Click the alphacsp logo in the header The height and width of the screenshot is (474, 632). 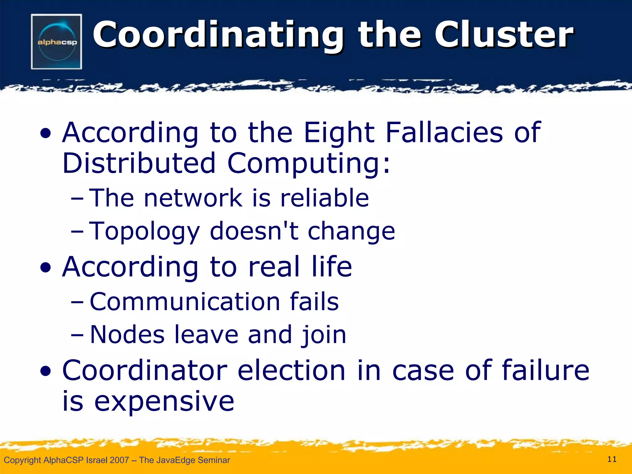pyautogui.click(x=56, y=42)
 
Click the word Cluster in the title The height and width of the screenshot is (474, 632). pyautogui.click(x=504, y=35)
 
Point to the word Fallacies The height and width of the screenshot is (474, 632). pyautogui.click(x=444, y=132)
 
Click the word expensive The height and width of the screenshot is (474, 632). pyautogui.click(x=164, y=402)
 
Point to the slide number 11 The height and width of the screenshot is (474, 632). pyautogui.click(x=612, y=459)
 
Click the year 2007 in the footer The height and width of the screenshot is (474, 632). pyautogui.click(x=119, y=460)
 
